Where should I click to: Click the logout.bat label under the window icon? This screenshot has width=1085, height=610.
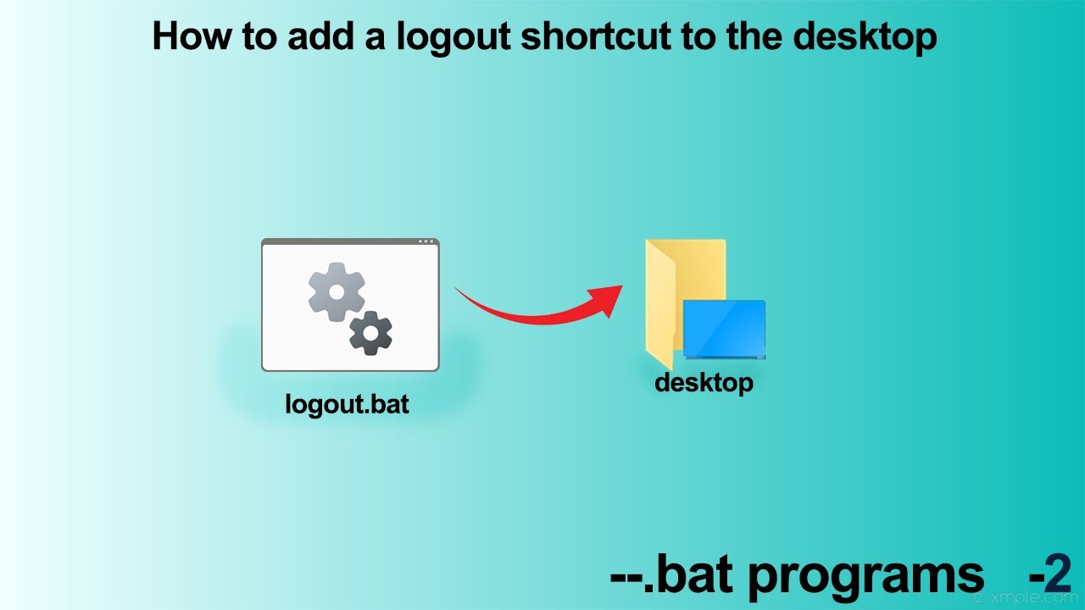click(348, 404)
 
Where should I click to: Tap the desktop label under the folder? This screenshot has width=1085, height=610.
click(704, 382)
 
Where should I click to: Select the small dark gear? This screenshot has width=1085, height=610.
click(370, 333)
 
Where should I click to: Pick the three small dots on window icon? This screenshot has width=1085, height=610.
click(426, 242)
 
